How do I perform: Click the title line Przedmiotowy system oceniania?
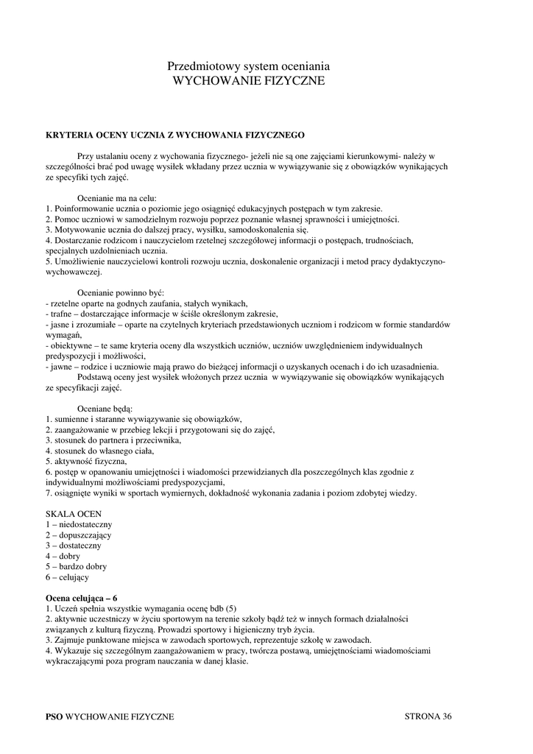pyautogui.click(x=248, y=66)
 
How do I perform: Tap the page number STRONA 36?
pyautogui.click(x=428, y=716)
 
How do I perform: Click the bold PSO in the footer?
pyautogui.click(x=54, y=716)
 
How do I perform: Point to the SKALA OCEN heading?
pyautogui.click(x=74, y=512)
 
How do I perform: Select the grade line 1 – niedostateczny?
pyautogui.click(x=79, y=524)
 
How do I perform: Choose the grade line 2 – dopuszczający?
pyautogui.click(x=80, y=535)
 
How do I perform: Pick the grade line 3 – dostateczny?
pyautogui.click(x=74, y=546)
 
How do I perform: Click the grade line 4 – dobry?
pyautogui.click(x=63, y=557)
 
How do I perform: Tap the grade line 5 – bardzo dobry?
pyautogui.click(x=76, y=567)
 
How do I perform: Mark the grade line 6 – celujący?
pyautogui.click(x=67, y=578)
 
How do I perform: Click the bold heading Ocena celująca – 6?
pyautogui.click(x=81, y=598)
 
